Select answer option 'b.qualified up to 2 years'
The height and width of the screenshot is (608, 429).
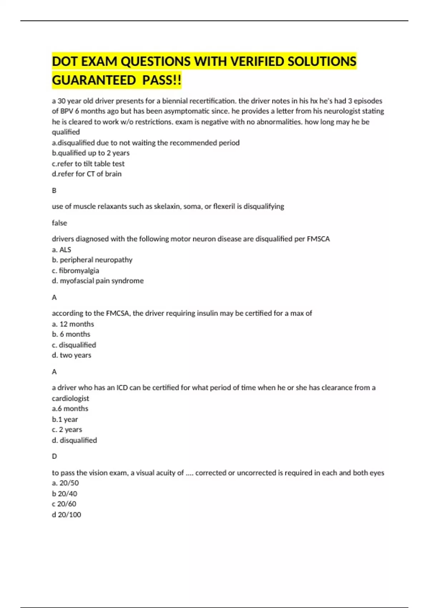[x=91, y=153]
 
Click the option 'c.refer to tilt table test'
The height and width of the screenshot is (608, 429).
[x=88, y=164]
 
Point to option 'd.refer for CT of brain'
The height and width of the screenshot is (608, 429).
[x=87, y=174]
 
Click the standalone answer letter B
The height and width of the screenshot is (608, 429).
[x=54, y=191]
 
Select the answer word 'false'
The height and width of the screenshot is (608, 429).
[x=59, y=223]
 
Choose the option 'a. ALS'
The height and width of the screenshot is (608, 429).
[x=61, y=250]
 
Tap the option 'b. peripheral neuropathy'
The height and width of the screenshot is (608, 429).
[x=92, y=260]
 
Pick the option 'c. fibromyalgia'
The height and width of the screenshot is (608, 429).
[x=75, y=270]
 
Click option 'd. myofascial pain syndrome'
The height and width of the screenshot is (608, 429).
[x=98, y=281]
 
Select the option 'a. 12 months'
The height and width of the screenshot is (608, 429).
[x=73, y=324]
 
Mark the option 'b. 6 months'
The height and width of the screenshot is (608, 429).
[x=71, y=334]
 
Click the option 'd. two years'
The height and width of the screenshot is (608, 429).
[x=71, y=355]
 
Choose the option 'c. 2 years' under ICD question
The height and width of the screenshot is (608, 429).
[x=67, y=430]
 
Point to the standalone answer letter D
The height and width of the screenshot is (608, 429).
[x=54, y=456]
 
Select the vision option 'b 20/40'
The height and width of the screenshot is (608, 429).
[x=65, y=494]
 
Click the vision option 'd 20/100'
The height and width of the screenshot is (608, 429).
[x=66, y=515]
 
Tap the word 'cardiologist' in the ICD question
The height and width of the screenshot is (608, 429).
[x=70, y=398]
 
